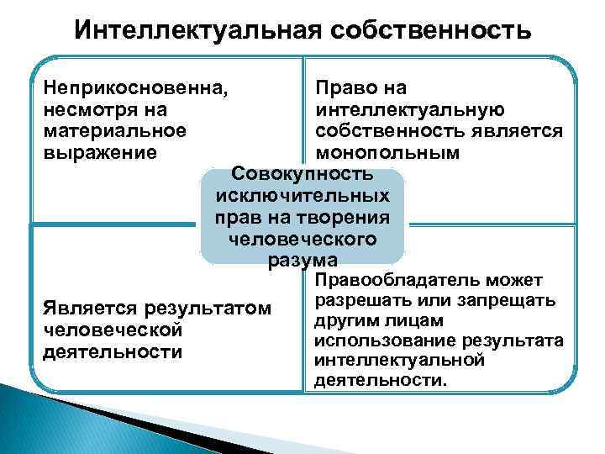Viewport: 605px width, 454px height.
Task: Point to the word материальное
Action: (113, 131)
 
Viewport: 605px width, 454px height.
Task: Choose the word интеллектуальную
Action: (410, 109)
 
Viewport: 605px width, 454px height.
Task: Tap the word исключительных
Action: (302, 197)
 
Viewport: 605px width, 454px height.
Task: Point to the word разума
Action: (302, 261)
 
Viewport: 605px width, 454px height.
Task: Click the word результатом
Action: (209, 309)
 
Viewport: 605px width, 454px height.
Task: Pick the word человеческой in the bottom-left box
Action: (112, 330)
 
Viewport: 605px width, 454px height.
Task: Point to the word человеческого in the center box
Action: (302, 240)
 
